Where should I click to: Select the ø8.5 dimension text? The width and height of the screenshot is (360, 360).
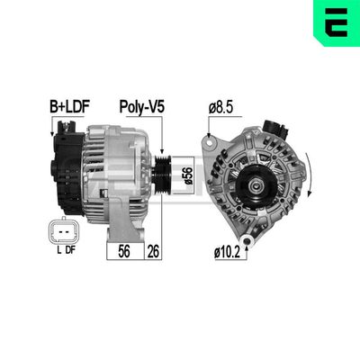pyautogui.click(x=222, y=106)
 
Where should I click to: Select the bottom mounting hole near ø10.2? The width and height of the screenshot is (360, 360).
pyautogui.click(x=255, y=233)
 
